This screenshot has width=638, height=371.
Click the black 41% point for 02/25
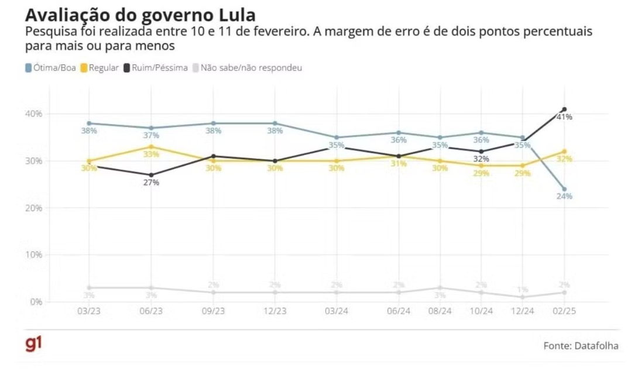564,109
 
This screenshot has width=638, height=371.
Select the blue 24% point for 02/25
564,189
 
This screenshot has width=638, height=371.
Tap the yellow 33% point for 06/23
151,147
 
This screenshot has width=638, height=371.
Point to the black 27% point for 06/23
151,175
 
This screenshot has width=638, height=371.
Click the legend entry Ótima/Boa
50,68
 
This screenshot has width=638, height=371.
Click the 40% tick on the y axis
34,114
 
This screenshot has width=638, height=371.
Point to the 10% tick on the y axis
34,255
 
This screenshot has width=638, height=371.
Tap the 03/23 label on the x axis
89,311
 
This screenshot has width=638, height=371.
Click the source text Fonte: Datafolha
581,346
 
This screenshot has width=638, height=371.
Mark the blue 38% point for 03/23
89,123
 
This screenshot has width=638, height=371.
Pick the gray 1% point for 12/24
523,297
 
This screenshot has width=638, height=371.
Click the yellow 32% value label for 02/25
565,159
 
